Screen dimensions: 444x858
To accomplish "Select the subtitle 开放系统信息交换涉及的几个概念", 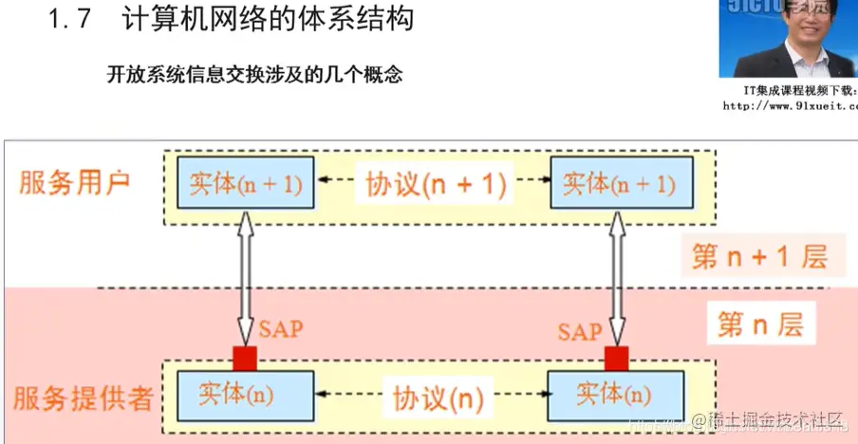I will point(254,74).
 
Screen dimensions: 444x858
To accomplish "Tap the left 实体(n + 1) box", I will point(245,183).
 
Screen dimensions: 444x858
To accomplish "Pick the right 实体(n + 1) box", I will point(619,183).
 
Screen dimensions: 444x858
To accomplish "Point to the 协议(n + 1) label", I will point(436,184).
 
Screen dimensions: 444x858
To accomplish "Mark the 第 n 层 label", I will point(759,325).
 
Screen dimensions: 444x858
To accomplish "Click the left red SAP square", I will point(246,359).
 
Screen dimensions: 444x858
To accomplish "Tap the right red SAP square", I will point(617,359).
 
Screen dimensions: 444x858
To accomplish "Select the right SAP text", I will point(579,331).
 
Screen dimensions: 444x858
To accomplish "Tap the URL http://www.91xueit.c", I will point(790,106).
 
